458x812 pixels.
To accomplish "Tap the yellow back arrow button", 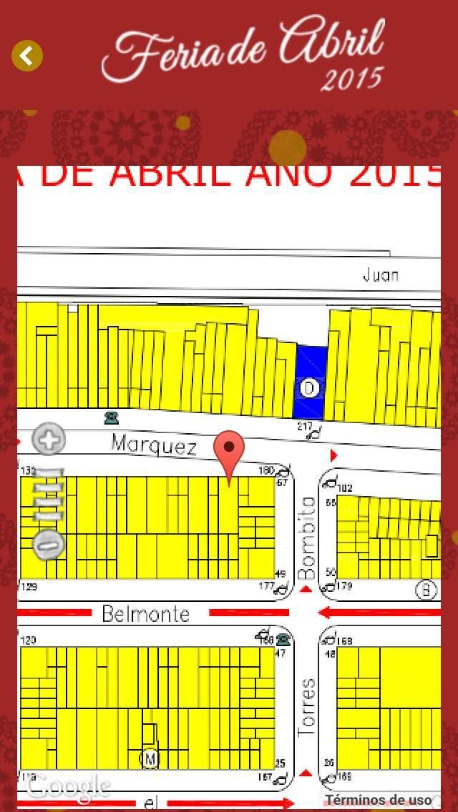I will click(27, 56).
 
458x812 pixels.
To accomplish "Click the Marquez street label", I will click(154, 445).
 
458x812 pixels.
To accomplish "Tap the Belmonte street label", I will click(146, 613).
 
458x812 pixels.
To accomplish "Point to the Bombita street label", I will click(307, 538).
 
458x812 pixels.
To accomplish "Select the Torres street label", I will click(306, 707).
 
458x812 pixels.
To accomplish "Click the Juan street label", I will click(380, 275).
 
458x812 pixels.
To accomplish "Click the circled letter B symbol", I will click(426, 589).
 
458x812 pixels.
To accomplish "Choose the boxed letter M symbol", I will click(150, 758).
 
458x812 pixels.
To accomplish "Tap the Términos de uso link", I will click(379, 800).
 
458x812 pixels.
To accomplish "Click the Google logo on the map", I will click(69, 786).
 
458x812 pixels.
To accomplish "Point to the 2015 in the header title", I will click(351, 79).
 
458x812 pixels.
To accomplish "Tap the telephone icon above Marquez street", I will click(111, 417).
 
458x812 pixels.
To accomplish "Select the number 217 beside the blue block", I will click(305, 427).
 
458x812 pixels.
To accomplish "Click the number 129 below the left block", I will click(29, 587).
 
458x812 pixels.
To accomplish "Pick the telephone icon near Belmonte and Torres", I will click(283, 638).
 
